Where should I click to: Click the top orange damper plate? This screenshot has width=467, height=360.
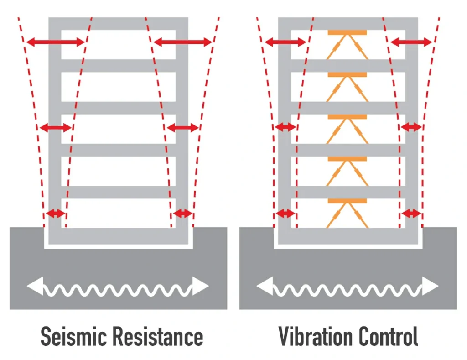coord(348,33)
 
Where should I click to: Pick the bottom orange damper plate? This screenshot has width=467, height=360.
coord(348,201)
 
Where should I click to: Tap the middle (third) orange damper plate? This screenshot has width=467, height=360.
coord(348,117)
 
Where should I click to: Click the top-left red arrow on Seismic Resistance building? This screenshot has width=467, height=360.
coord(55,42)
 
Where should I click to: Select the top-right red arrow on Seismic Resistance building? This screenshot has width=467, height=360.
coord(182,42)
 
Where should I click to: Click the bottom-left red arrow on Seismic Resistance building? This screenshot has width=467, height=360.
coord(56,213)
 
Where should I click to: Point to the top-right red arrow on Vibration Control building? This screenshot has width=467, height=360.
coord(411,42)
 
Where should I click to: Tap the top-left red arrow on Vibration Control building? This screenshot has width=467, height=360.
coord(285,42)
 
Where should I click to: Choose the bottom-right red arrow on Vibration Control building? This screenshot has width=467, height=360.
coord(411,213)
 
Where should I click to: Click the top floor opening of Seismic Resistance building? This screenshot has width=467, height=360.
coord(119,44)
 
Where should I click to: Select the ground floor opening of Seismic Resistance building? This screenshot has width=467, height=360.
coord(119,213)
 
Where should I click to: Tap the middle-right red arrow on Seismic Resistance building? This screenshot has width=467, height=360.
coord(182,128)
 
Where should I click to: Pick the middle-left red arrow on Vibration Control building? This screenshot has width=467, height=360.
coord(285,127)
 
